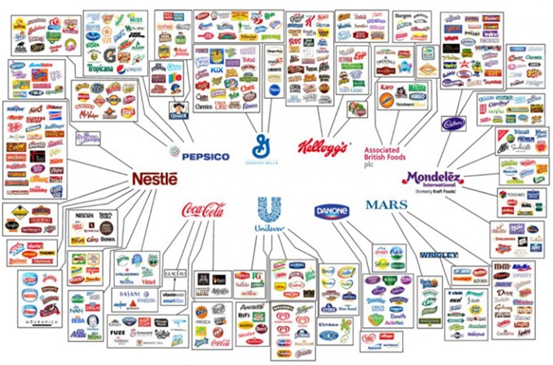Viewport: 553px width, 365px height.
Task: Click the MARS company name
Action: click(x=386, y=204)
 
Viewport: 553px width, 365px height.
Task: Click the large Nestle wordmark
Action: click(x=154, y=179)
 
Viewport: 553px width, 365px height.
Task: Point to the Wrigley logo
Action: click(x=438, y=254)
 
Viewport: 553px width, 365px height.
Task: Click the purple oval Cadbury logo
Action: click(x=453, y=124)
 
